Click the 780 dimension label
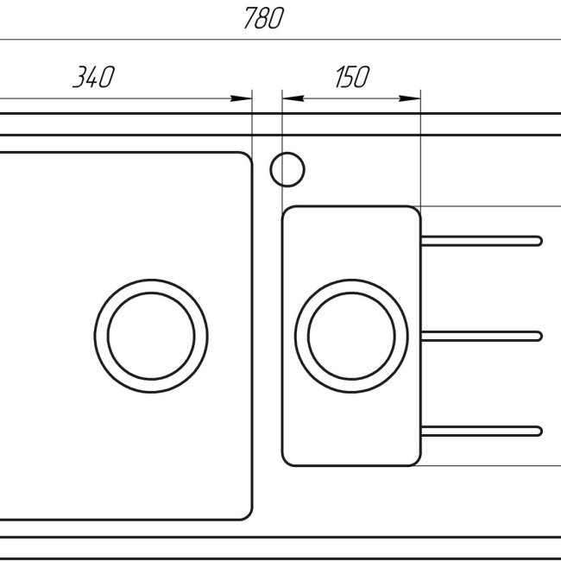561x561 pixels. pyautogui.click(x=263, y=19)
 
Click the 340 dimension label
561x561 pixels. pyautogui.click(x=92, y=78)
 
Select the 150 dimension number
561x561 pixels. pyautogui.click(x=350, y=78)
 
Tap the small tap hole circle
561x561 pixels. pyautogui.click(x=287, y=169)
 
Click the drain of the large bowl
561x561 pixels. pyautogui.click(x=151, y=336)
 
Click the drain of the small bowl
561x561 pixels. pyautogui.click(x=351, y=336)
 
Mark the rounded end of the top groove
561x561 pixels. pyautogui.click(x=538, y=241)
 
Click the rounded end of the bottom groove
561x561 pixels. pyautogui.click(x=538, y=431)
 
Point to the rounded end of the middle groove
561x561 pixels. pyautogui.click(x=538, y=336)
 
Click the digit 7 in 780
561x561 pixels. pyautogui.click(x=249, y=19)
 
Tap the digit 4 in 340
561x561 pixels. pyautogui.click(x=92, y=78)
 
